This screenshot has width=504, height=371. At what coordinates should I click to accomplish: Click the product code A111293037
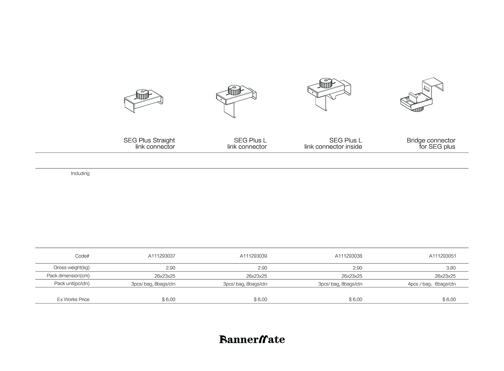coord(161,256)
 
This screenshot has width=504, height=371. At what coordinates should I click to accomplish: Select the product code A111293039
coord(253,256)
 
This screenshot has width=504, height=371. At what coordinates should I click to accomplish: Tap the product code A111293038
coord(348,256)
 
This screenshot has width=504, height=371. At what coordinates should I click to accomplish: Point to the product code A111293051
coord(442,256)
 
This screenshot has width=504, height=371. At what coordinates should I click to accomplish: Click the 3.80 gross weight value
coord(451,268)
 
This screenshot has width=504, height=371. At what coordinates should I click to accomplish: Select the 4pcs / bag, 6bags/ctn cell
coord(432,284)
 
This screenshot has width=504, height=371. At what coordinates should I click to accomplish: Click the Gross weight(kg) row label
coord(71,267)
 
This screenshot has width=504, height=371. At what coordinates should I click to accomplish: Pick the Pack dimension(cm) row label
coord(68,276)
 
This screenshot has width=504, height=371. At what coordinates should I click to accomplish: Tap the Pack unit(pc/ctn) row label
coord(72,283)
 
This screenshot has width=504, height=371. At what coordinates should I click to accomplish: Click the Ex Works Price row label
coord(73,299)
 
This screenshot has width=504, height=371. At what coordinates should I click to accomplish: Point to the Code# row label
coord(82,256)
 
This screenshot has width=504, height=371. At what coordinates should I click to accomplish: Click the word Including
coord(80,173)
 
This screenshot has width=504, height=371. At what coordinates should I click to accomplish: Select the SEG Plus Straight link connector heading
coord(149,144)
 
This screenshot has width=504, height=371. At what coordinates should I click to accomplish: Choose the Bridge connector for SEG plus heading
coord(431,144)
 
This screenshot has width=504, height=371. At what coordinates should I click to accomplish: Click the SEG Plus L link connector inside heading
coord(333,144)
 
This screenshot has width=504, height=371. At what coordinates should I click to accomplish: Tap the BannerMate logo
coord(252,339)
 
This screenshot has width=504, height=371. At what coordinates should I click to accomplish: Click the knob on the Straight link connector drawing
coord(143,93)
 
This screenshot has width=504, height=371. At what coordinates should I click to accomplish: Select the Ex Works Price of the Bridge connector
coord(449,299)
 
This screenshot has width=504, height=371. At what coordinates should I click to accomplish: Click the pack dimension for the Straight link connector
coord(165,276)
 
